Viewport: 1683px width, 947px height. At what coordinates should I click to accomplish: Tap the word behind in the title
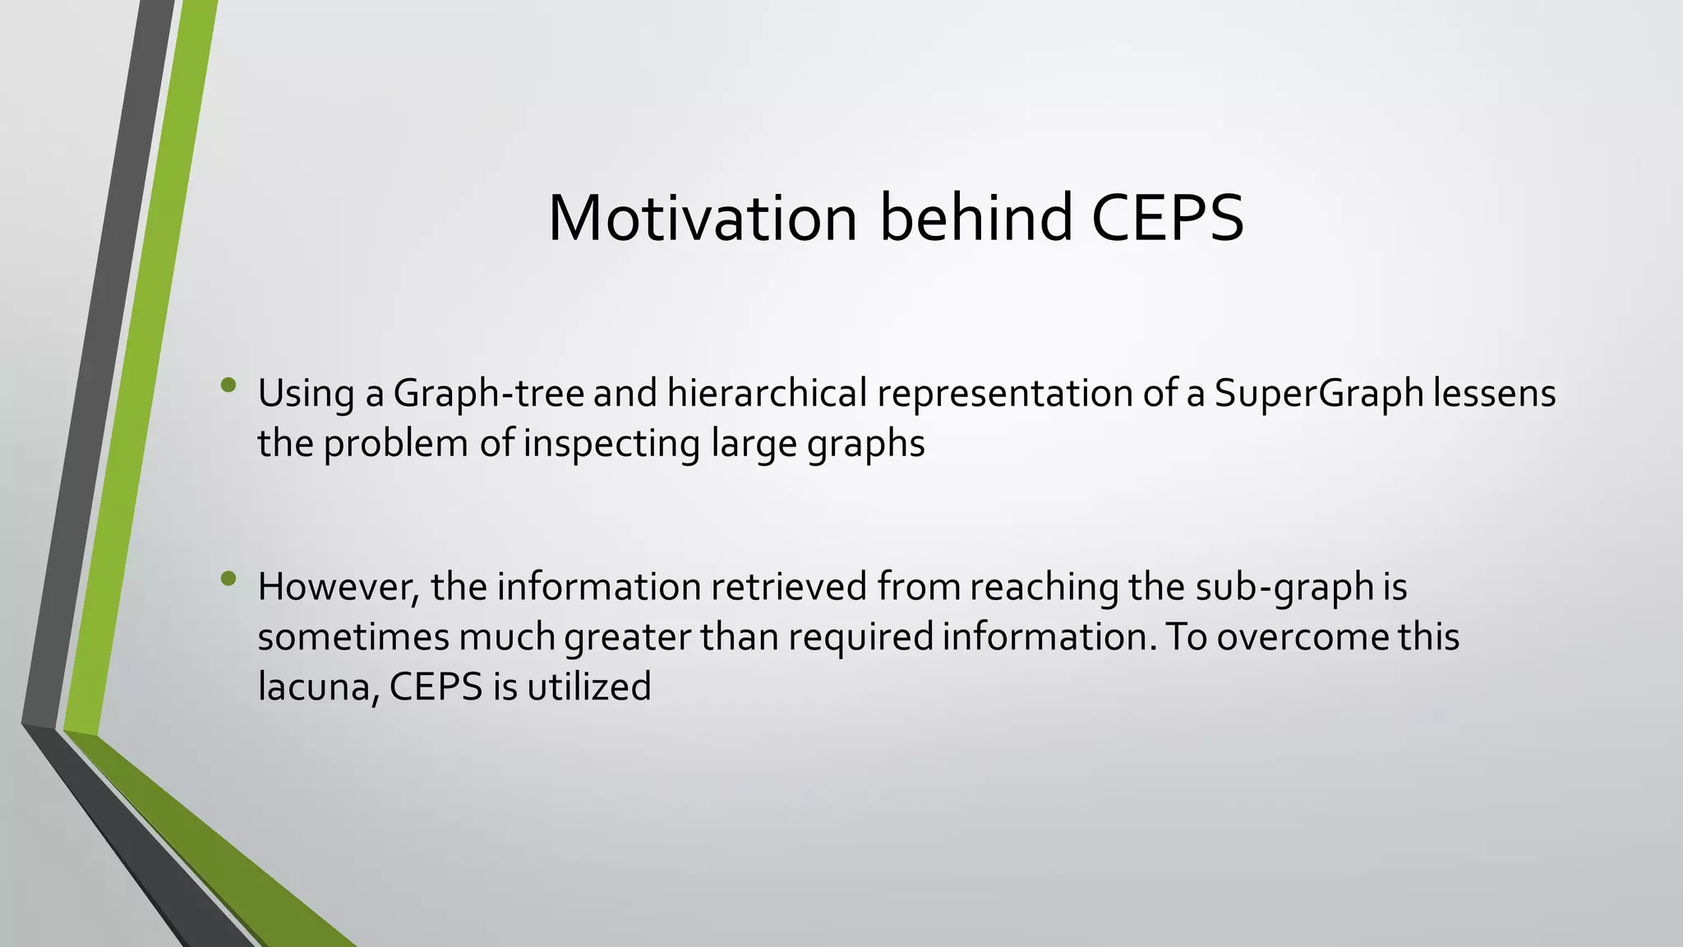pos(976,218)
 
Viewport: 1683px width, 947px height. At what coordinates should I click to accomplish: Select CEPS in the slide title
pos(1167,218)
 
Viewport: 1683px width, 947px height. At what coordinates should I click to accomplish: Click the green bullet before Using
pos(228,385)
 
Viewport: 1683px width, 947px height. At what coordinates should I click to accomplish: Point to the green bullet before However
pos(228,579)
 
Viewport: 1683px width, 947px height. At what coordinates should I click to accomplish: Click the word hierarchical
pos(767,394)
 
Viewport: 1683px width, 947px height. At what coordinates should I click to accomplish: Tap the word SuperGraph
pos(1318,394)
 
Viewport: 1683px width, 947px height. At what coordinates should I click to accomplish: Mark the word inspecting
pos(611,444)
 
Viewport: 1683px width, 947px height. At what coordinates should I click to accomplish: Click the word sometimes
pos(353,638)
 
